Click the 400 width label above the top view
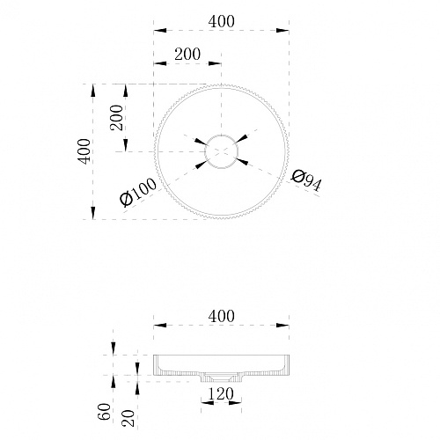click(x=221, y=22)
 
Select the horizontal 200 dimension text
click(x=187, y=55)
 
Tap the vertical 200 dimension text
click(x=116, y=117)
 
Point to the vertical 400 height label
click(x=84, y=151)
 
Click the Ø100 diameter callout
click(x=138, y=192)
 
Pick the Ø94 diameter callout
click(x=306, y=180)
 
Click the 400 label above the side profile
click(x=221, y=317)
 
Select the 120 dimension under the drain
click(x=221, y=393)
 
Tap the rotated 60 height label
click(x=105, y=411)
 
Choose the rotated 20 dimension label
click(x=128, y=418)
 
